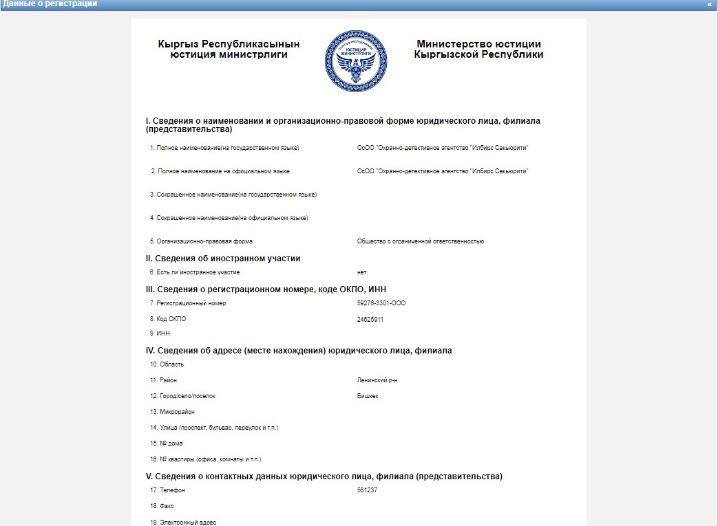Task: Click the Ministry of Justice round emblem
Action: pos(356,62)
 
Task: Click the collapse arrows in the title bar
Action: pos(710,4)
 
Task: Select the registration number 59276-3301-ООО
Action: pos(381,303)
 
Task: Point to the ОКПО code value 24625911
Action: pos(370,319)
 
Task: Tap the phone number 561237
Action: pos(368,490)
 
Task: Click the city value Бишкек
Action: pos(368,396)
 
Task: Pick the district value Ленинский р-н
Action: pos(377,380)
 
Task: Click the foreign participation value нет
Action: pos(362,273)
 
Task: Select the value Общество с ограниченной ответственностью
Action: pos(421,241)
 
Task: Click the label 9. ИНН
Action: pos(160,333)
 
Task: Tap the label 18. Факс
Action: pos(162,506)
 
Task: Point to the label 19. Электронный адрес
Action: pos(183,523)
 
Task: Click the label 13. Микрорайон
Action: pos(172,412)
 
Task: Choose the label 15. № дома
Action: pos(166,443)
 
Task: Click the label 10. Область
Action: pos(167,364)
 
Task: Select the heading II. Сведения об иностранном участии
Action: pos(223,259)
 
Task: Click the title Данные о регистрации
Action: pos(50,4)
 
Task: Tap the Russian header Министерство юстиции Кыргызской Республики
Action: pos(478,50)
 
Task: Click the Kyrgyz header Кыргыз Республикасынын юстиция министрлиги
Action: pos(229,50)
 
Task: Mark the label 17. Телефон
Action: pos(167,490)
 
